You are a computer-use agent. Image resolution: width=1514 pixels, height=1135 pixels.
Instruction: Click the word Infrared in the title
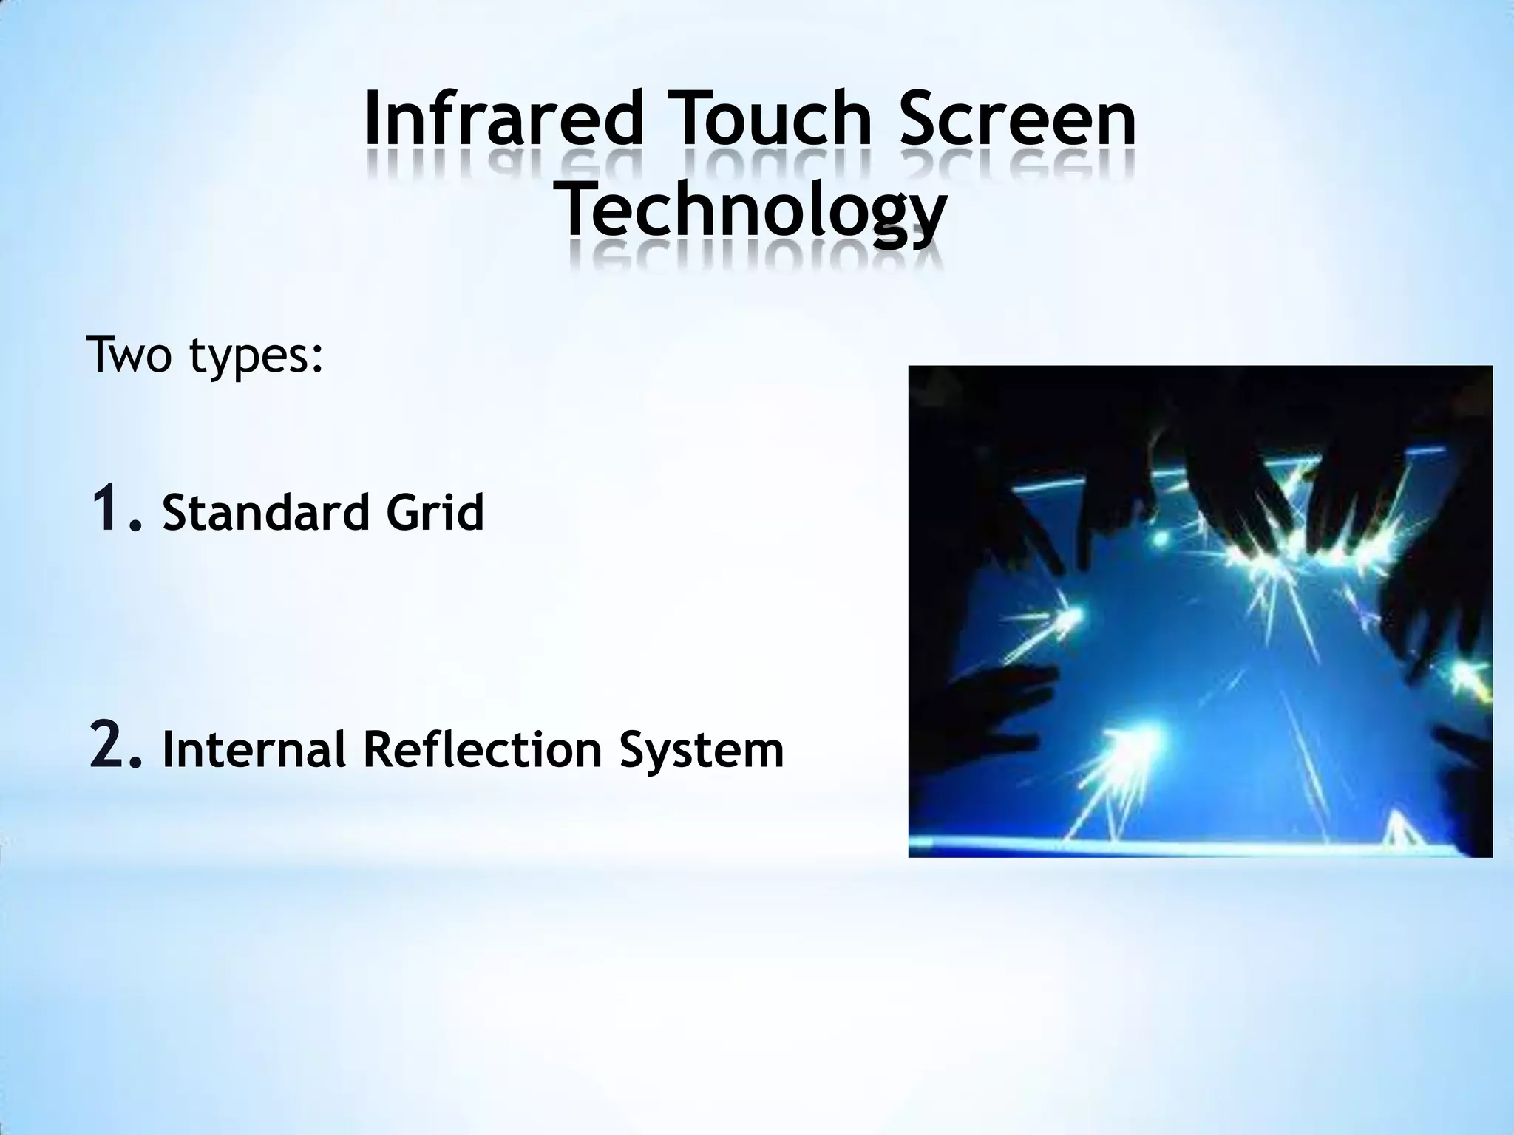pos(503,118)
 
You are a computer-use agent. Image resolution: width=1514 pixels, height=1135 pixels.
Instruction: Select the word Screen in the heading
pos(1018,118)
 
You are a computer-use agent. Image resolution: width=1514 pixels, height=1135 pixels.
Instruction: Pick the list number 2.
pos(115,748)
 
